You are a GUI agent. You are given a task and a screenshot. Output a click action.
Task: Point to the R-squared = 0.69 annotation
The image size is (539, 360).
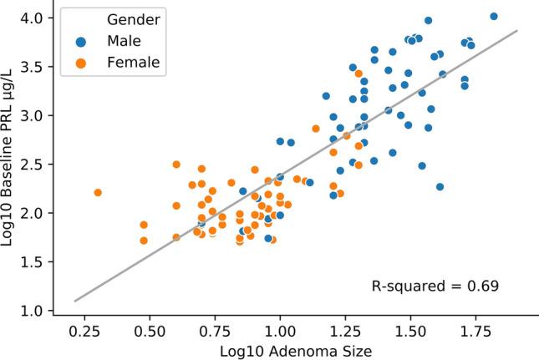click(x=435, y=286)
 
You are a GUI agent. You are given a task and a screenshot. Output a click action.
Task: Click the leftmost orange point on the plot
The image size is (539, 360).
click(x=98, y=192)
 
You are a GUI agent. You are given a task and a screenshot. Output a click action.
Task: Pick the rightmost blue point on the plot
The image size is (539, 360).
click(x=494, y=16)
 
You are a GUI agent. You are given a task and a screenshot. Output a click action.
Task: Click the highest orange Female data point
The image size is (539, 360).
click(x=358, y=74)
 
